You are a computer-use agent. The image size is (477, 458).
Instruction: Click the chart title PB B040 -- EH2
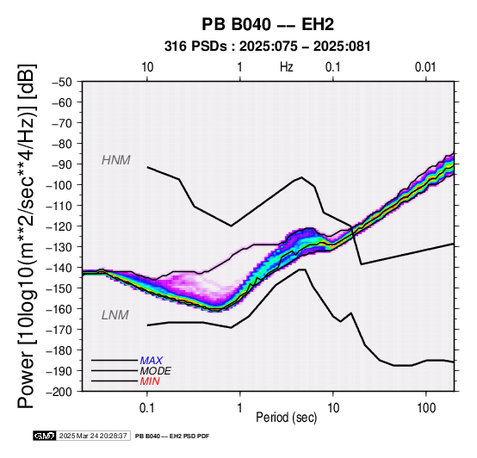(268, 24)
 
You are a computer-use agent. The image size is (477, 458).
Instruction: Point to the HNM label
(116, 160)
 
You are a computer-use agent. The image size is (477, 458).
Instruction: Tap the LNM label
(115, 315)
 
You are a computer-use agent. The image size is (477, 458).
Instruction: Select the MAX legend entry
(152, 361)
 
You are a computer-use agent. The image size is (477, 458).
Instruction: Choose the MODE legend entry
(156, 371)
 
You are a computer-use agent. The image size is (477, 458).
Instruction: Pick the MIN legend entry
(150, 381)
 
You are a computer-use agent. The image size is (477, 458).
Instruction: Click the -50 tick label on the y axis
(62, 82)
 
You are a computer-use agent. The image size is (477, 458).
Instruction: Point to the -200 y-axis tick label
(59, 392)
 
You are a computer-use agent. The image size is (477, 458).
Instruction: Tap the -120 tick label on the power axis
(59, 226)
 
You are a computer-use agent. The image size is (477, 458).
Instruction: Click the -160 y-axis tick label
(59, 309)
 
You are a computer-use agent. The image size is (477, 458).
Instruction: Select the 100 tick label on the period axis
(426, 408)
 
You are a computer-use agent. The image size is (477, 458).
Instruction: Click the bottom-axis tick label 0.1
(147, 408)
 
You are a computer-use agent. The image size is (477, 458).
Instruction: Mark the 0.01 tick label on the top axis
(425, 67)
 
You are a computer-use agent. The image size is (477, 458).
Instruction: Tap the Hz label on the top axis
(287, 67)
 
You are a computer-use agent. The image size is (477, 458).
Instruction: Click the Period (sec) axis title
(286, 418)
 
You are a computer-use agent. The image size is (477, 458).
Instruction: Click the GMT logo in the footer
(45, 436)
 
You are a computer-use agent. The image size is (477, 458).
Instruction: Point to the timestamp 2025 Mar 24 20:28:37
(93, 436)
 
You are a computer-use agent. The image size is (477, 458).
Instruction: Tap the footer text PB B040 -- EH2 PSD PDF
(172, 436)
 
